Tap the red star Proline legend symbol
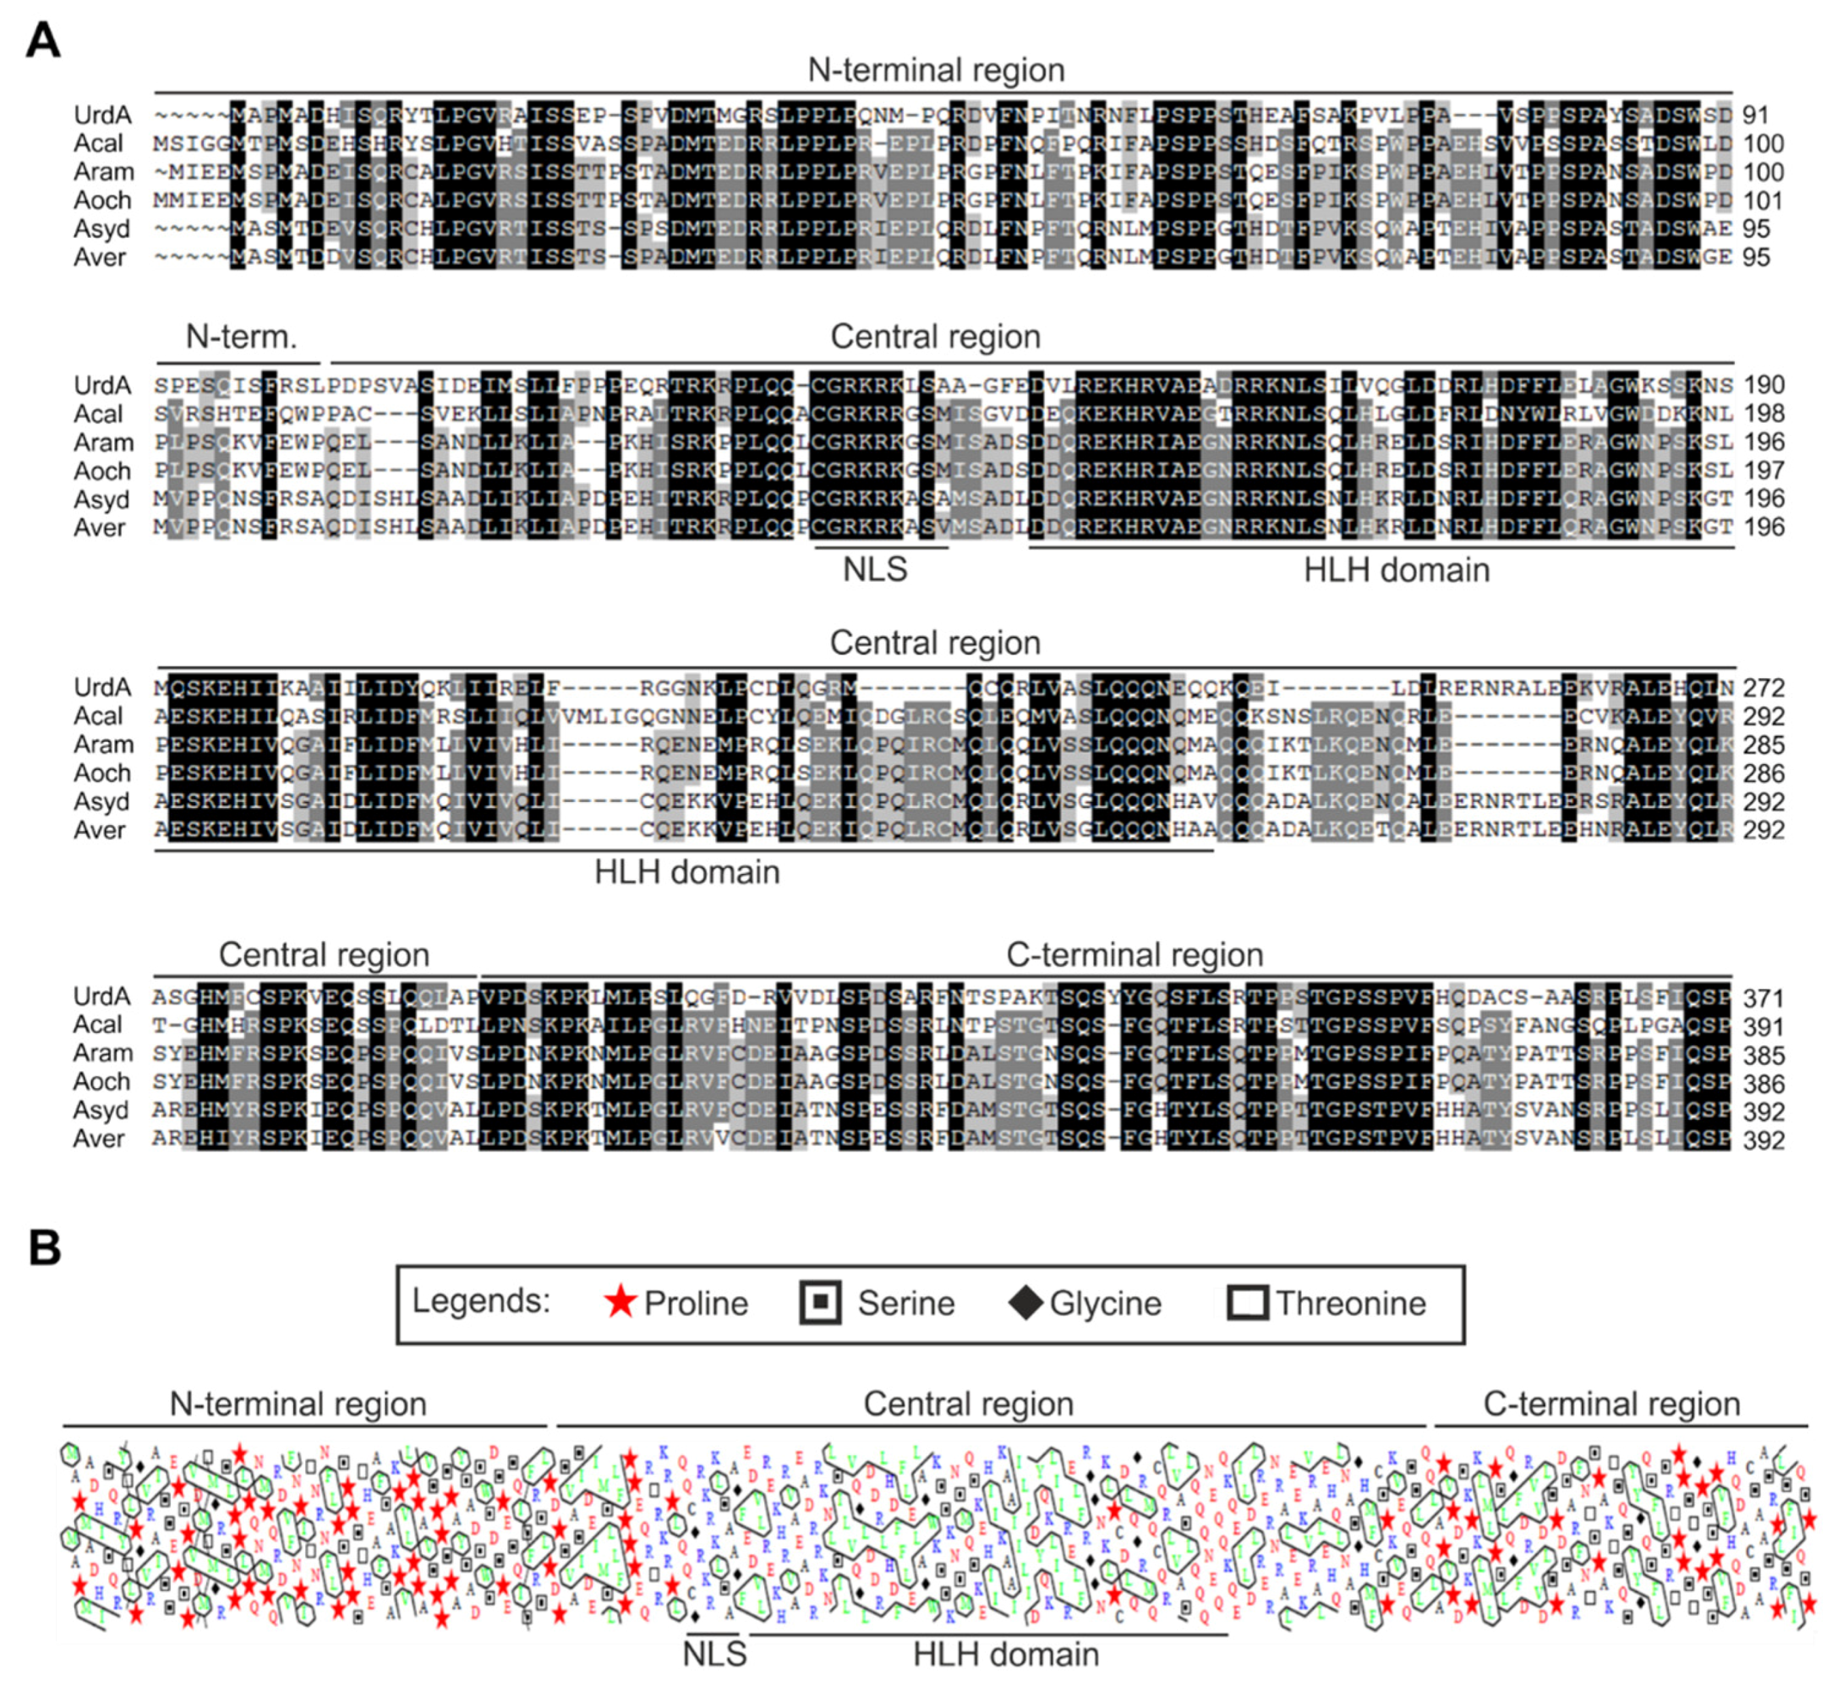tap(621, 1302)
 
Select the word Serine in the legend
tap(905, 1303)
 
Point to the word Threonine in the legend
tap(1350, 1303)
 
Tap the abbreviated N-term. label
tap(241, 337)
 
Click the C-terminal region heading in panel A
tap(1134, 954)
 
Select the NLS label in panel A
tap(875, 570)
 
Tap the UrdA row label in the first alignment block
tap(103, 116)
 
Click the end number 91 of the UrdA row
tap(1755, 116)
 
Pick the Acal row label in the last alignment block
tap(98, 1025)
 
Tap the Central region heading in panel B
tap(968, 1404)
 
